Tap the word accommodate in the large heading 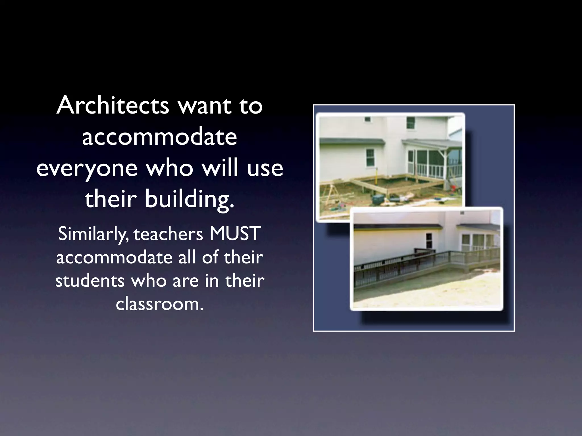click(x=159, y=137)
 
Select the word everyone click(x=87, y=168)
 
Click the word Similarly click(x=93, y=234)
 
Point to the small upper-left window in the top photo click(x=368, y=119)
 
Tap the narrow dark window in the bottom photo click(x=429, y=240)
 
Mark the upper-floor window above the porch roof click(x=411, y=123)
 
